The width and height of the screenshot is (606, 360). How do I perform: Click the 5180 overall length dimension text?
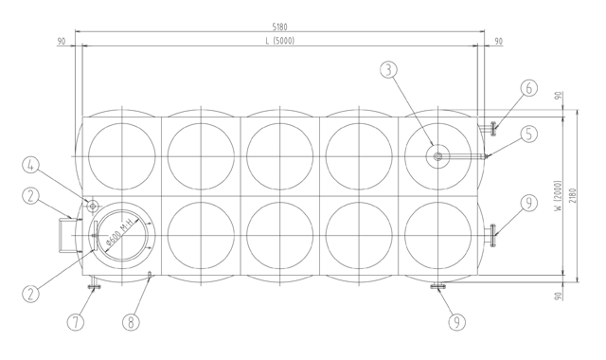[280, 27]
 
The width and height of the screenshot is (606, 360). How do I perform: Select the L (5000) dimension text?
[280, 41]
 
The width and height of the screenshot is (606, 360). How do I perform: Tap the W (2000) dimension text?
[558, 195]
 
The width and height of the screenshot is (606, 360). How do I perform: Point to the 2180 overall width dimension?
[572, 195]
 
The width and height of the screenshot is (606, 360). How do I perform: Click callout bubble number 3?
[389, 69]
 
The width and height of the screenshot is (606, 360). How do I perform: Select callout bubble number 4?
[30, 165]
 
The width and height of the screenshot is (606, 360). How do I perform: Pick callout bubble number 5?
[529, 134]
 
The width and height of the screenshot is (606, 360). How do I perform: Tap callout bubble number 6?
[529, 88]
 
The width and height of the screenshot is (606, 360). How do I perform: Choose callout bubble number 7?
[76, 322]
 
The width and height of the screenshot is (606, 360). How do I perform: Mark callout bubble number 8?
[131, 322]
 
